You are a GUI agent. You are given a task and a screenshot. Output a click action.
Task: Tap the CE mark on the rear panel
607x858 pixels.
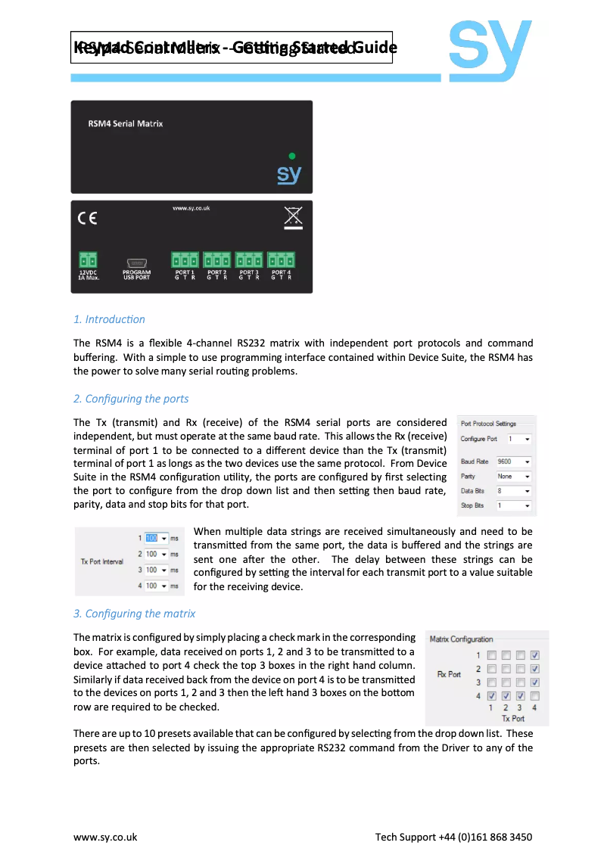click(x=87, y=219)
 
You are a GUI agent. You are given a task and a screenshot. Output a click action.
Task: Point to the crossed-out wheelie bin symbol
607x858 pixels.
click(x=292, y=217)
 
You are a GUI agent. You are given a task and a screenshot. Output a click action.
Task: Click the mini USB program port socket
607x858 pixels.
click(x=137, y=260)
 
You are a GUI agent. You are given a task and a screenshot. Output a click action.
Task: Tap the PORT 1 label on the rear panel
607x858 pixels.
click(x=185, y=272)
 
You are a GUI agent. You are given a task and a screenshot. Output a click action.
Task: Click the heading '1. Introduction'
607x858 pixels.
click(x=109, y=319)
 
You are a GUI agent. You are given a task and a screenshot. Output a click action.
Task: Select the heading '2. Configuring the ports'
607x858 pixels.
click(x=131, y=399)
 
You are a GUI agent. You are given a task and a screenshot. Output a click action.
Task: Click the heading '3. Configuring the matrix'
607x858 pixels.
click(x=134, y=614)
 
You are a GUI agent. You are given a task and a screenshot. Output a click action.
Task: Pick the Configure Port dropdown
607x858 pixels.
click(x=519, y=439)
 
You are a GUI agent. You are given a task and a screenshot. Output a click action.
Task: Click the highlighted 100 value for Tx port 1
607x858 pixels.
click(x=151, y=539)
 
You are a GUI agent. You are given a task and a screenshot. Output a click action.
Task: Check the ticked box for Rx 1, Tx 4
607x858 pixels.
click(x=535, y=655)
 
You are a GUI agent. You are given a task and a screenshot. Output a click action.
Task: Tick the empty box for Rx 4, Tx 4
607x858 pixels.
click(x=535, y=696)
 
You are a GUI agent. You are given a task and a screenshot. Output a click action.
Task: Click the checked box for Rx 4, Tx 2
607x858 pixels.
click(x=506, y=696)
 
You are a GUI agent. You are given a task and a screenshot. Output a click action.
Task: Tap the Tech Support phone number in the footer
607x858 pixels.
click(x=453, y=837)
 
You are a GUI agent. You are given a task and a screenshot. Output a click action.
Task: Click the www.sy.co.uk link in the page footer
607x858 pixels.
click(x=105, y=837)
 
